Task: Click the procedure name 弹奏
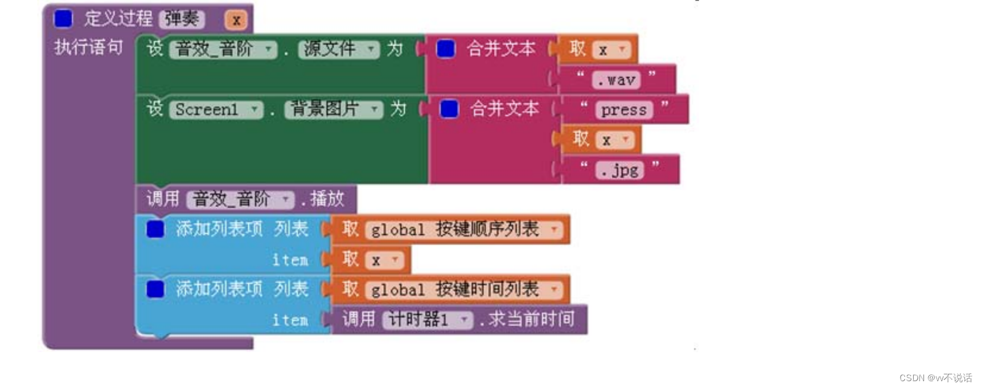[x=182, y=19]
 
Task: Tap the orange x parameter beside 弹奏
[x=236, y=20]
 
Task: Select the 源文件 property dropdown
[x=338, y=50]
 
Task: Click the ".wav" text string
[x=617, y=80]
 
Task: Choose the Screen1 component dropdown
[x=216, y=109]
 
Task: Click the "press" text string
[x=623, y=109]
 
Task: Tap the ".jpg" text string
[x=619, y=170]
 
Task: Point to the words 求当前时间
[x=531, y=319]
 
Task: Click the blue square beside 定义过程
[x=63, y=19]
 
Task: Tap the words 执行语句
[x=88, y=47]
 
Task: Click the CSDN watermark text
[x=935, y=378]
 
